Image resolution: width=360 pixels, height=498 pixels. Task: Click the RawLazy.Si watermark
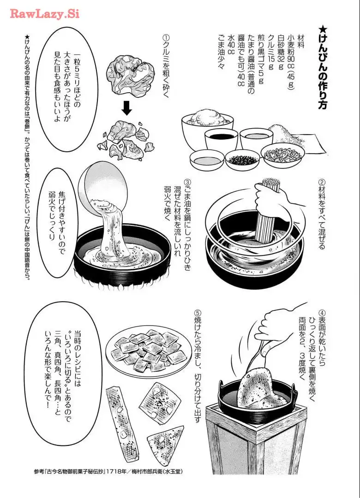coord(44,14)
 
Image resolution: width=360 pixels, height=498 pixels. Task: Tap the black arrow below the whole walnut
coord(127,108)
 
